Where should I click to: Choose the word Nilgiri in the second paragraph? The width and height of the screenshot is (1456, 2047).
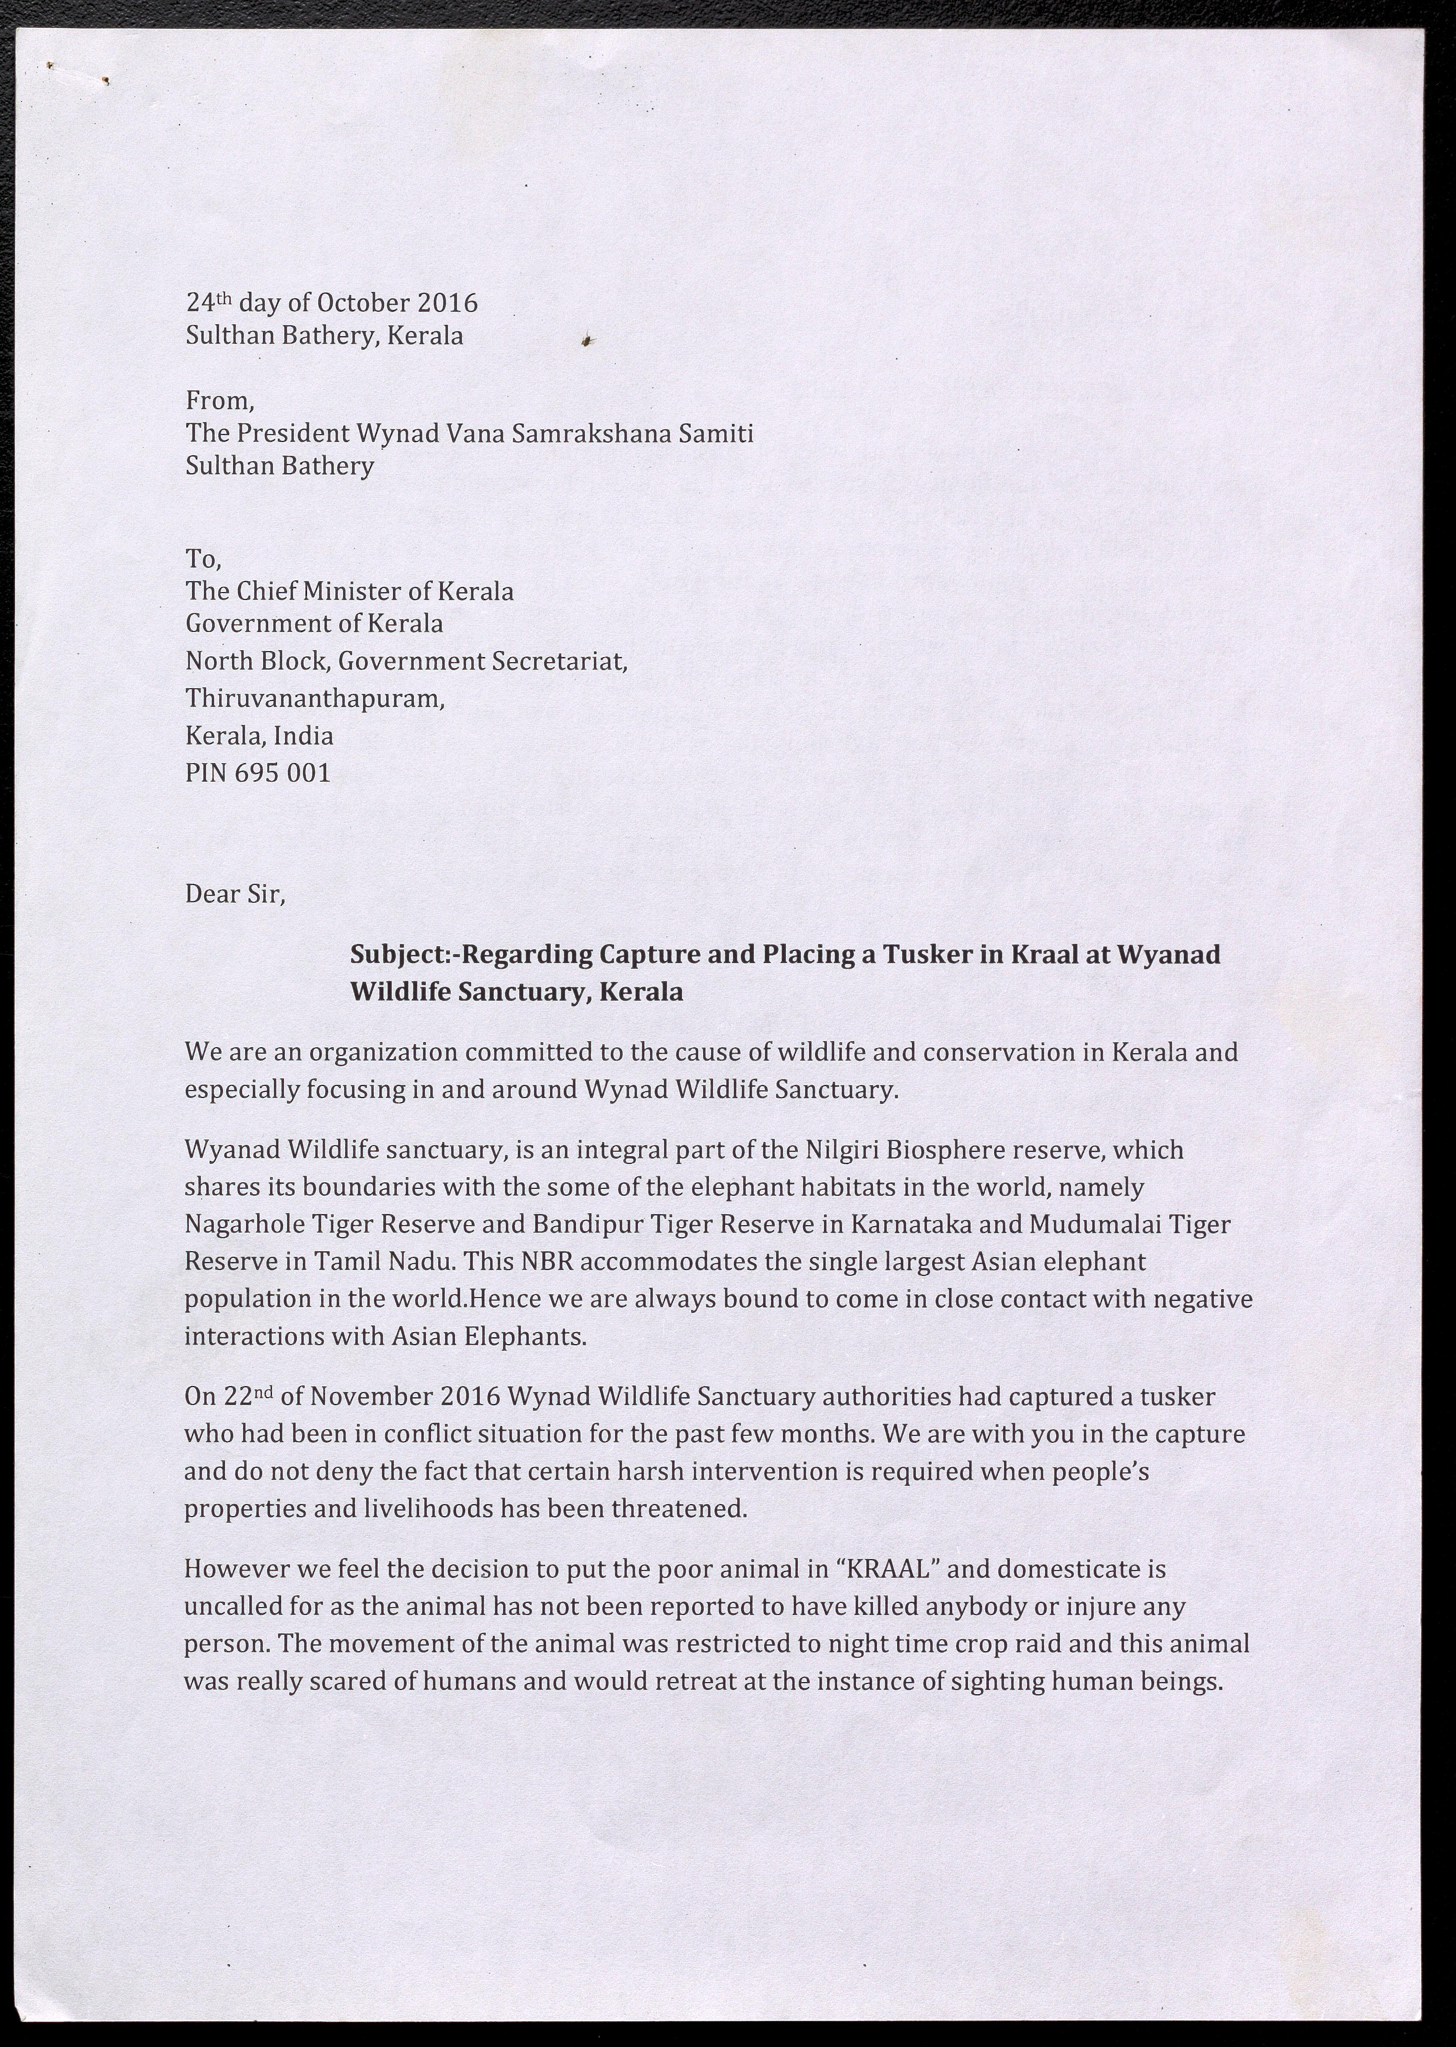coord(843,1150)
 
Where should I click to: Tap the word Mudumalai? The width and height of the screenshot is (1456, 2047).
coord(1090,1224)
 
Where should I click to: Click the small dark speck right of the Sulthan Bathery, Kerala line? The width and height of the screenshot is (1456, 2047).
coord(587,339)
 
